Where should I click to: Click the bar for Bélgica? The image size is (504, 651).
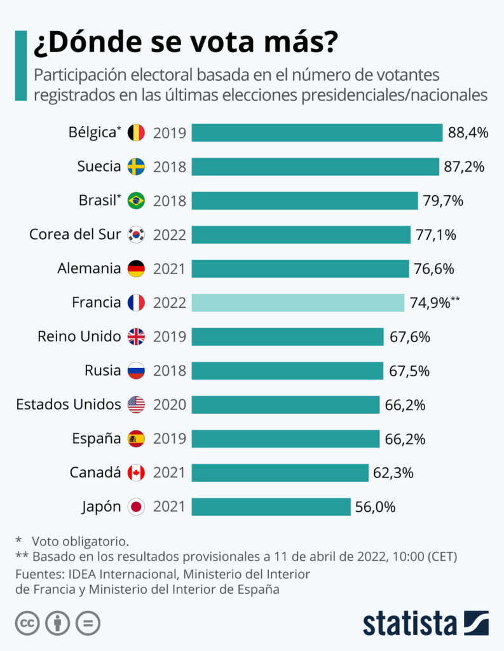pos(317,132)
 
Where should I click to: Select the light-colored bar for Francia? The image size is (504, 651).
pos(297,303)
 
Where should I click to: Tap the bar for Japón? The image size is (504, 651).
pos(271,507)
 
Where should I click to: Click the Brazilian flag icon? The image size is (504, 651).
pos(136,201)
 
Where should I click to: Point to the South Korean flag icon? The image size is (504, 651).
pos(136,235)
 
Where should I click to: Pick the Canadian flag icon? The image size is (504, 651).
pos(136,473)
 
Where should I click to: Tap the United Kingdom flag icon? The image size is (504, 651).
pos(136,336)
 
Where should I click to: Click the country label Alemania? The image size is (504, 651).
pos(89,268)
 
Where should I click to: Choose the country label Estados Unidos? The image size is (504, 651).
pos(68,404)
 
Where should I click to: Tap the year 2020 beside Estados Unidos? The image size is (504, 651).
pos(170,405)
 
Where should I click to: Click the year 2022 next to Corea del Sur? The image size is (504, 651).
pos(170,235)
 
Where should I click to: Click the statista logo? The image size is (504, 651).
pos(425,623)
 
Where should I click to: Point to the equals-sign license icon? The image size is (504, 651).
pos(88,623)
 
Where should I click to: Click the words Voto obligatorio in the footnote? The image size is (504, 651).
pos(81,541)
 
